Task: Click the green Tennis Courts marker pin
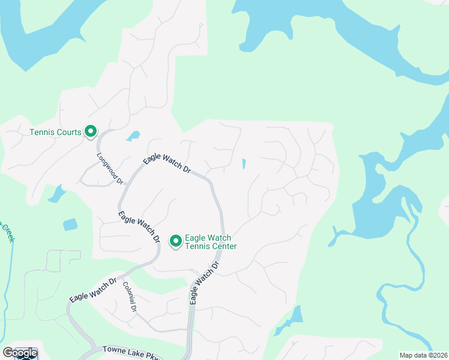[91, 131]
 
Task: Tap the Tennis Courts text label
[56, 132]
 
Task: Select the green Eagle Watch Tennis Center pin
[176, 241]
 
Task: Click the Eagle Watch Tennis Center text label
[210, 242]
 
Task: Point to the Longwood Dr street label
[110, 167]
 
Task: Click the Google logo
[20, 353]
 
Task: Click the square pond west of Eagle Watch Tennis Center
[70, 224]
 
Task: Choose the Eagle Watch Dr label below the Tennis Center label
[203, 282]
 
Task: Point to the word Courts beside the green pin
[70, 132]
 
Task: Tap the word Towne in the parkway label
[113, 349]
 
